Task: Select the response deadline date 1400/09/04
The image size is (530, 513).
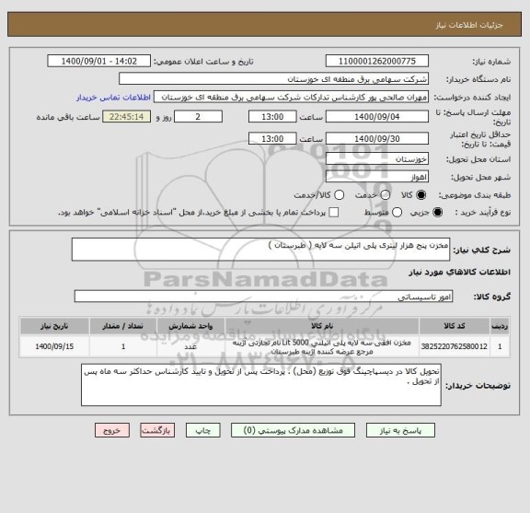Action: click(376, 118)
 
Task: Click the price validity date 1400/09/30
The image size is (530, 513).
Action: click(376, 138)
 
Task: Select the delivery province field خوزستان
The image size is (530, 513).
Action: click(375, 158)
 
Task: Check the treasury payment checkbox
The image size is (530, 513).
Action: click(333, 213)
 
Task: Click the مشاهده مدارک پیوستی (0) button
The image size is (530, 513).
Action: click(288, 430)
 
